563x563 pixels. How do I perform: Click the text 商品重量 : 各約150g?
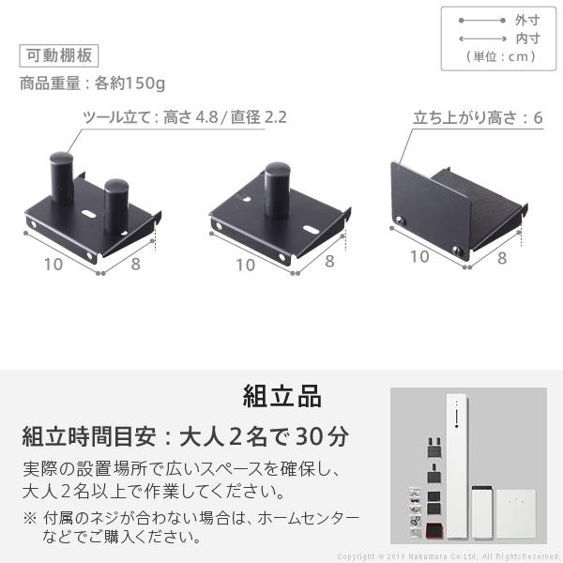92,84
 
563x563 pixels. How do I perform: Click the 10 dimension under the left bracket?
53,264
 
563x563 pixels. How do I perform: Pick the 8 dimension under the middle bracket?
328,263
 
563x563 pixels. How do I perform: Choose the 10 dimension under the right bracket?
419,257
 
